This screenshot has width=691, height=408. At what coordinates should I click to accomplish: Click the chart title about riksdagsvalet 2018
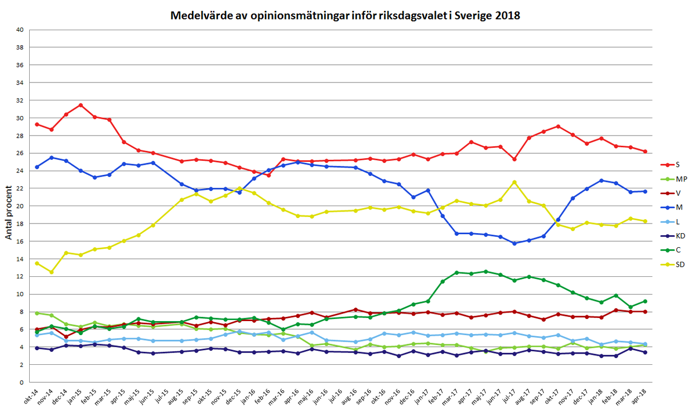pos(345,15)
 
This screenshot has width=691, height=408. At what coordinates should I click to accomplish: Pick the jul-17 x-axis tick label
pos(511,395)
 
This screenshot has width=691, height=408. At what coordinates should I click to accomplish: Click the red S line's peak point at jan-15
pos(80,105)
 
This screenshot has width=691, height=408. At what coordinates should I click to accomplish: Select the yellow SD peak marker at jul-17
pos(514,182)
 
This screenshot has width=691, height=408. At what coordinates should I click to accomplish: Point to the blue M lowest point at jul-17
pos(514,243)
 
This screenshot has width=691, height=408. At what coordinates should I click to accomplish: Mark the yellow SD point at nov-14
pos(51,272)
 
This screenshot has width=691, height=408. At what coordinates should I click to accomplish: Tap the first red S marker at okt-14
pos(37,124)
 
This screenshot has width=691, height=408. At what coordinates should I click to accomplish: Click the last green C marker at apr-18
pos(645,301)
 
